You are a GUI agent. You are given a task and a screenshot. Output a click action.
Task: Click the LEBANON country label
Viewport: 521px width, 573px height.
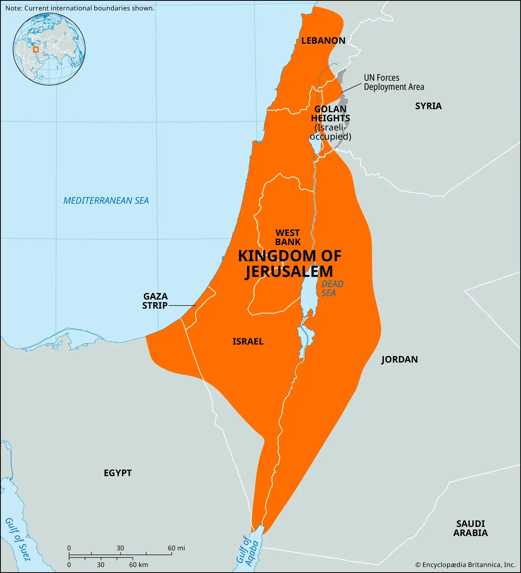323,41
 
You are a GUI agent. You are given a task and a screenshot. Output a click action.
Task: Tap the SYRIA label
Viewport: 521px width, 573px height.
428,106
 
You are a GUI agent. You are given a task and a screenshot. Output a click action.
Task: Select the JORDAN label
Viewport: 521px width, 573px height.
399,359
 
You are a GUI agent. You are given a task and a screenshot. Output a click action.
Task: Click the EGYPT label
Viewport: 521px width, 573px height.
118,473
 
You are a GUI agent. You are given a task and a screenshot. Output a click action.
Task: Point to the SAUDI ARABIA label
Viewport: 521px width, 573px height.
470,528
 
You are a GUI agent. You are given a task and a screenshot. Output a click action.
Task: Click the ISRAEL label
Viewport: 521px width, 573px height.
248,341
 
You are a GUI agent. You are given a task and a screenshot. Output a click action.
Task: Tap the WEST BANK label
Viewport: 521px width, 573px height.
288,237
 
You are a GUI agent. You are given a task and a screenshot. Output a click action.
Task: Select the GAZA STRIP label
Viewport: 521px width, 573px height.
155,301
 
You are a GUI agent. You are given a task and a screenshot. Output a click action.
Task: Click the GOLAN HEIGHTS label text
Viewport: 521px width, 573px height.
330,114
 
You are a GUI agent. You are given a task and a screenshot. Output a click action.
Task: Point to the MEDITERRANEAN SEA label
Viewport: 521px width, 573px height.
106,201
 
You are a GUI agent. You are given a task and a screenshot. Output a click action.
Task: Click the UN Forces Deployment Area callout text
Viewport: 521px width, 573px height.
394,82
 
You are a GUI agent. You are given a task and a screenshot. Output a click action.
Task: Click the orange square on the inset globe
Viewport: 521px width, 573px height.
36,49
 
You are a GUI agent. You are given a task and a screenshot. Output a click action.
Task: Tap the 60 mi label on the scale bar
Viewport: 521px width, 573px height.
176,548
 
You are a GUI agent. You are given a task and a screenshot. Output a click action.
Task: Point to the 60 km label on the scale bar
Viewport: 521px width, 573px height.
138,565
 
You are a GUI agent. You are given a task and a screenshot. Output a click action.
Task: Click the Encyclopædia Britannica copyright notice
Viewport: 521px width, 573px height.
465,565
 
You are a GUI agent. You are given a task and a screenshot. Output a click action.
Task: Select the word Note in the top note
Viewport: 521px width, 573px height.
13,8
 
